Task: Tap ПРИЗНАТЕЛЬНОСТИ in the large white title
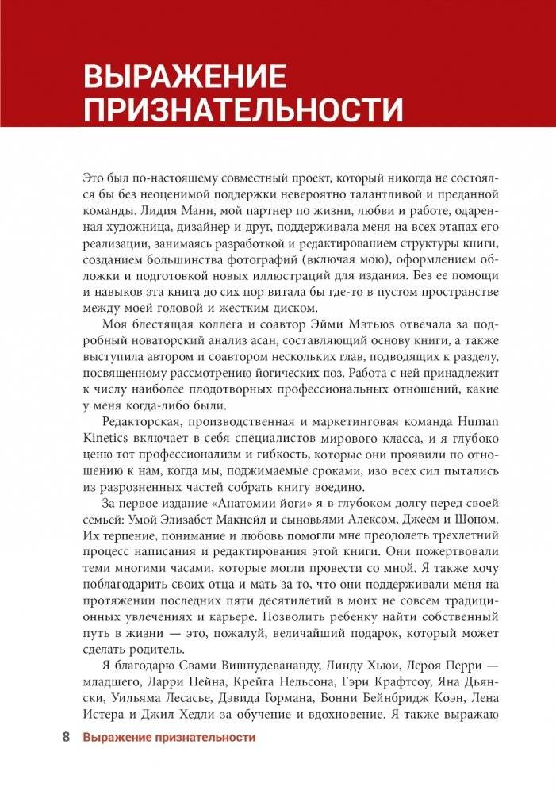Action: point(243,109)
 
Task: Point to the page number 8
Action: point(67,737)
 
